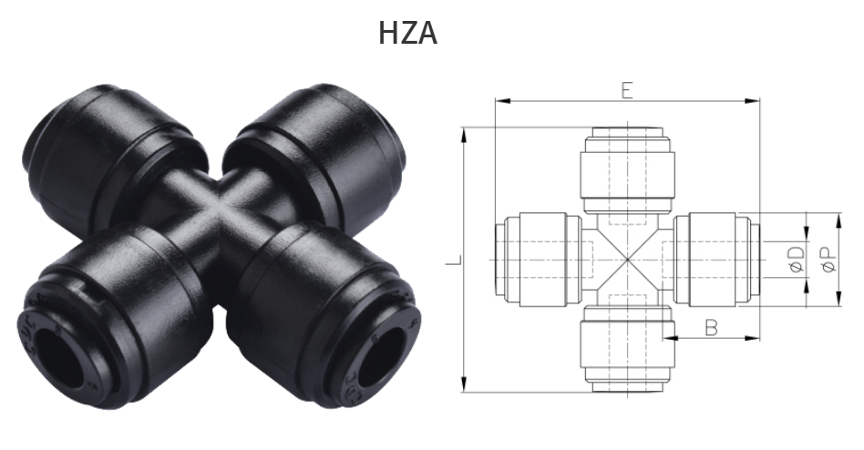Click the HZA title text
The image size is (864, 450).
pyautogui.click(x=408, y=34)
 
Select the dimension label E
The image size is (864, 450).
pyautogui.click(x=627, y=89)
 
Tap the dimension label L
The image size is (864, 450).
pyautogui.click(x=452, y=261)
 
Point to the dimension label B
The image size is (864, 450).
pyautogui.click(x=711, y=327)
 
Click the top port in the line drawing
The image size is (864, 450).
pyautogui.click(x=628, y=169)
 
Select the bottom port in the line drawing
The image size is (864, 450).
pyautogui.click(x=628, y=351)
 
